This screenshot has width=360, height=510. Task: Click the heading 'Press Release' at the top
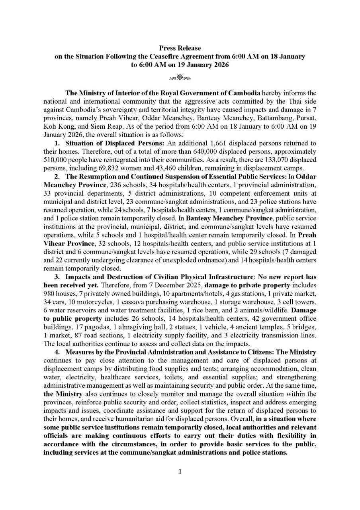180,48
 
